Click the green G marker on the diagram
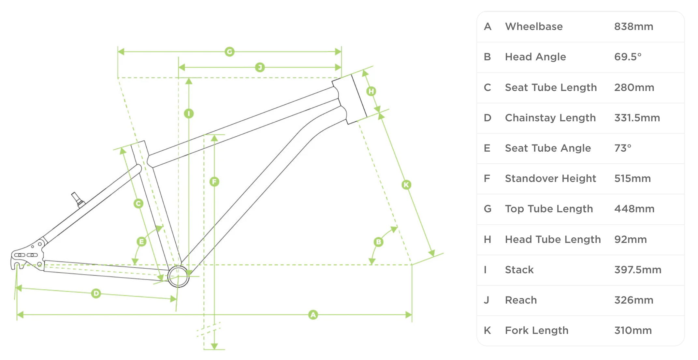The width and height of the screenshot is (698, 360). click(x=229, y=52)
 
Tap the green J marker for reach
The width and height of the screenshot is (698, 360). click(x=260, y=67)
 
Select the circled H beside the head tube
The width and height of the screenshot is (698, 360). click(x=371, y=91)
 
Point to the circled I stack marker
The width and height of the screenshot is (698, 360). click(x=189, y=113)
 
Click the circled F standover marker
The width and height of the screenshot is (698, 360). click(x=214, y=182)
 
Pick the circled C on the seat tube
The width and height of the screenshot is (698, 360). click(x=138, y=204)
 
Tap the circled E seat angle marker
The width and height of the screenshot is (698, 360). click(x=141, y=242)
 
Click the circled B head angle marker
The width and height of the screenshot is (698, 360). click(x=378, y=242)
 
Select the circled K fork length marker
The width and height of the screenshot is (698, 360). click(x=406, y=185)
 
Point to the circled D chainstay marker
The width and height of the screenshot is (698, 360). click(x=96, y=293)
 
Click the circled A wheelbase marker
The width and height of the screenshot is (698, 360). click(x=313, y=315)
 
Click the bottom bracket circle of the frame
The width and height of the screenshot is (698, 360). click(x=178, y=276)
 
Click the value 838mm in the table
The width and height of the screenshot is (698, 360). click(x=633, y=26)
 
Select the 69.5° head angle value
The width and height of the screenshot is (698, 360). click(x=628, y=57)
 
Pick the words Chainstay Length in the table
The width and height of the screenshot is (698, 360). click(x=550, y=118)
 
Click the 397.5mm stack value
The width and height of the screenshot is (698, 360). click(x=637, y=270)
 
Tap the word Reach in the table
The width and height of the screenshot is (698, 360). click(x=521, y=300)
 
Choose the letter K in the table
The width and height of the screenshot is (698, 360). click(x=487, y=330)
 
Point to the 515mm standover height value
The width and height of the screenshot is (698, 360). click(x=632, y=178)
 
